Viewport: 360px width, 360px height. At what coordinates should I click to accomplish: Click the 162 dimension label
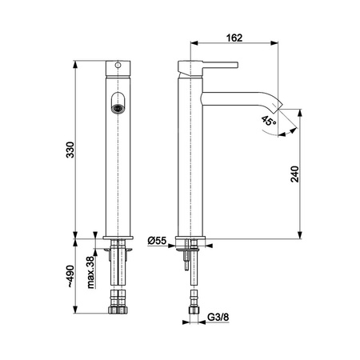(234, 38)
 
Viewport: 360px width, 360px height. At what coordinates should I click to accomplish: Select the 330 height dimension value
(70, 150)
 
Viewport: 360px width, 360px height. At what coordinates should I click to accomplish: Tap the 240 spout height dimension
(294, 174)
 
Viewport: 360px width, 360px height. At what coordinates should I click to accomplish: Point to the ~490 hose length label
(70, 276)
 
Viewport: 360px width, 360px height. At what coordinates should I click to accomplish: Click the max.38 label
(91, 272)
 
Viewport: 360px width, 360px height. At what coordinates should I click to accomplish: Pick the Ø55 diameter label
(157, 241)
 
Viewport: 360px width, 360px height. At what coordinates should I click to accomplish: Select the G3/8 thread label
(218, 318)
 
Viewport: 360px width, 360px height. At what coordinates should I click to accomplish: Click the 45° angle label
(269, 121)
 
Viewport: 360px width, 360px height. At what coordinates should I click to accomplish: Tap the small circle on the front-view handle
(118, 65)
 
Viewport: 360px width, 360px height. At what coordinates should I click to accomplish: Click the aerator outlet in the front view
(118, 109)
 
